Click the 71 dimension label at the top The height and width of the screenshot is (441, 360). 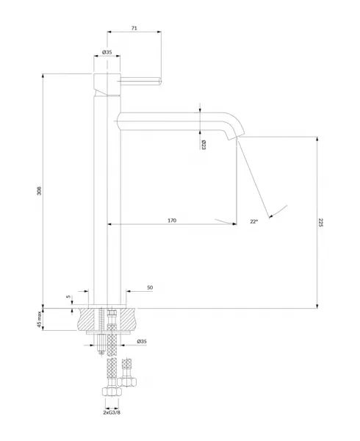point(134,28)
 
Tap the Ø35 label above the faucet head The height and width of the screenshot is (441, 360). point(107,52)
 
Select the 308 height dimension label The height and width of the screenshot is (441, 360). point(40,190)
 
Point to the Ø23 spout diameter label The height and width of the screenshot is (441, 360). point(204,145)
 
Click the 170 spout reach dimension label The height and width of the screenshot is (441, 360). point(172,220)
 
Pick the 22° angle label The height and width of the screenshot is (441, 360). point(254,221)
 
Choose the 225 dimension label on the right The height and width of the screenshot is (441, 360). point(321,223)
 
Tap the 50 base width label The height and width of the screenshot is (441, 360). point(150,287)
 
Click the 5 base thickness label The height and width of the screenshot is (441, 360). point(68,296)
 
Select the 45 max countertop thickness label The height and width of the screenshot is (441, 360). point(40,319)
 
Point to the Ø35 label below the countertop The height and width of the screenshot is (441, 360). point(142,342)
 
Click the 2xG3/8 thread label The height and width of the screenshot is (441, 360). point(112,412)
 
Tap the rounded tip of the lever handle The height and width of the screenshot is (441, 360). point(160,82)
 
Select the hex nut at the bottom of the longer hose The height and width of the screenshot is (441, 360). point(112,392)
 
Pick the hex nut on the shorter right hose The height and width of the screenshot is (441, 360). point(127,381)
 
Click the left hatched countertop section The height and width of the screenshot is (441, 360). point(88,319)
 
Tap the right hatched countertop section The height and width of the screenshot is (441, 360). point(129,319)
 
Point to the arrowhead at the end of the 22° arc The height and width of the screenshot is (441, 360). point(271,216)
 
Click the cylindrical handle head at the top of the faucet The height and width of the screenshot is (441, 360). point(107,85)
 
